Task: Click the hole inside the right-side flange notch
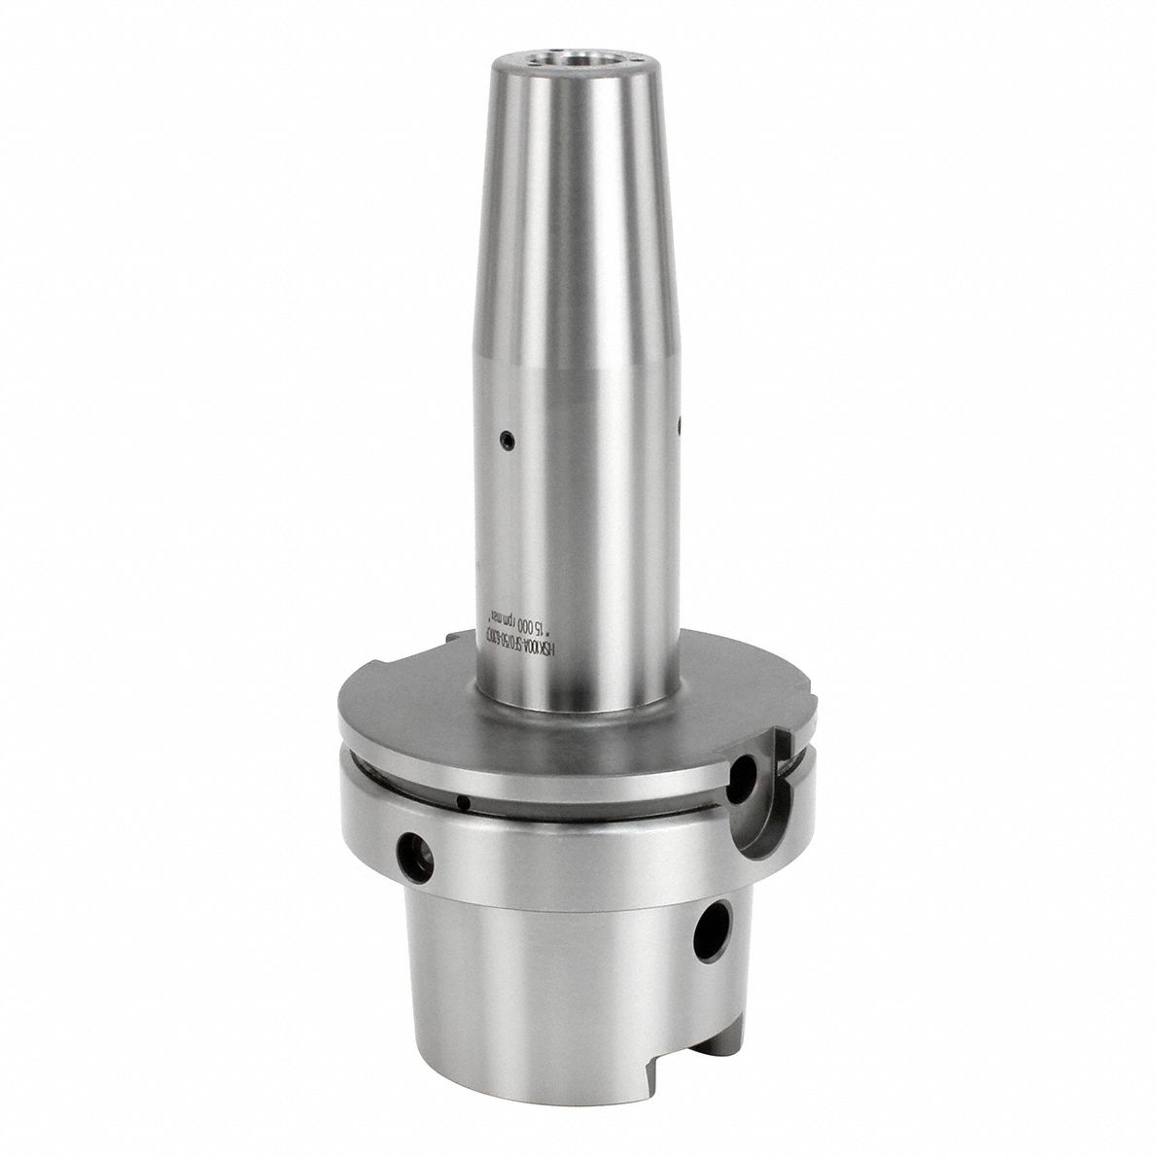[745, 777]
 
